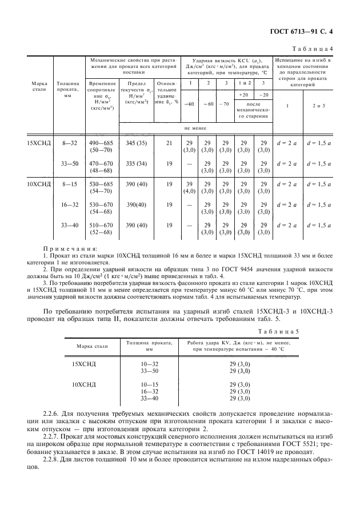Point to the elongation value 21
pyautogui.click(x=169, y=143)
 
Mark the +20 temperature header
pyautogui.click(x=244, y=95)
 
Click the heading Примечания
pyautogui.click(x=70, y=248)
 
